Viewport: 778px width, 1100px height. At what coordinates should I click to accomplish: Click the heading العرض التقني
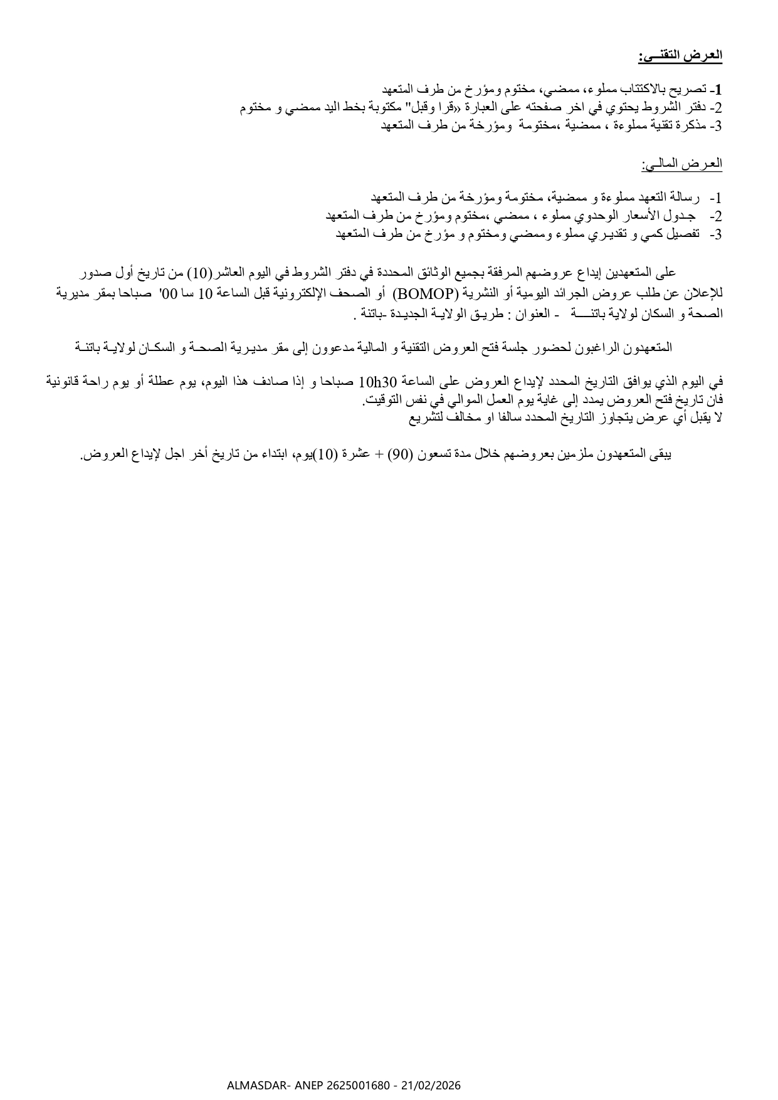click(681, 56)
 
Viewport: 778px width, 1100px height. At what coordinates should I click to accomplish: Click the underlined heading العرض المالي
click(681, 165)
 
